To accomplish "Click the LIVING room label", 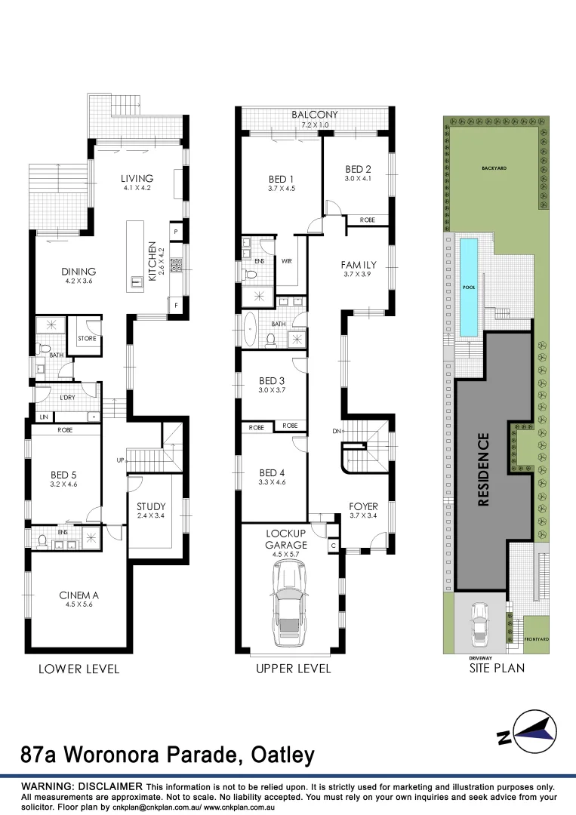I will pyautogui.click(x=137, y=179).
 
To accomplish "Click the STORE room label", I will pyautogui.click(x=87, y=340).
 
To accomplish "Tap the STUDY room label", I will pyautogui.click(x=151, y=506).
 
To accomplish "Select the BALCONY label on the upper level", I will pyautogui.click(x=315, y=115).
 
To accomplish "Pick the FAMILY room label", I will pyautogui.click(x=358, y=265).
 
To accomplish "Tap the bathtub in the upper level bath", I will pyautogui.click(x=250, y=329).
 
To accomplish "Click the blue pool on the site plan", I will pyautogui.click(x=468, y=287).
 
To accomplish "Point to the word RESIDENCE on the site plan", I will pyautogui.click(x=484, y=469).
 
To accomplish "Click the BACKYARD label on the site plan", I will pyautogui.click(x=494, y=168).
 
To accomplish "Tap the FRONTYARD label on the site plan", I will pyautogui.click(x=535, y=638).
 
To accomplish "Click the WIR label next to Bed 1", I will pyautogui.click(x=287, y=261).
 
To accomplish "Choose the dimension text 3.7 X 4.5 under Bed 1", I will pyautogui.click(x=282, y=189).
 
